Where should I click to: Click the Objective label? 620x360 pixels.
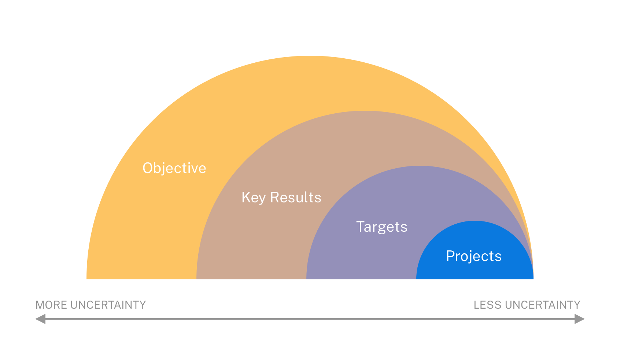pos(174,168)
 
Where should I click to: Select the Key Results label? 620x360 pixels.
pos(281,198)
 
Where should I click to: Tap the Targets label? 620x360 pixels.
pos(381,227)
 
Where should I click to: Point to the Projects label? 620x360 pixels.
pos(473,256)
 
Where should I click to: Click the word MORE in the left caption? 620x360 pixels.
pos(51,305)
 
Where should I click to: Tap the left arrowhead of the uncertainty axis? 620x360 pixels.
pos(40,319)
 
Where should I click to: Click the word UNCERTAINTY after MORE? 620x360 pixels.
pos(108,305)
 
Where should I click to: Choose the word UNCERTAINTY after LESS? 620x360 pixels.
pos(542,305)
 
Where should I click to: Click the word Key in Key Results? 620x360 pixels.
pos(253,198)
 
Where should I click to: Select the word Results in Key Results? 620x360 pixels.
pos(295,198)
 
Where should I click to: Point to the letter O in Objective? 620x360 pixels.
pos(148,168)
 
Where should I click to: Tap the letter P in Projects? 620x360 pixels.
pos(450,256)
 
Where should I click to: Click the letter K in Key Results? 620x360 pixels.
pos(246,198)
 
